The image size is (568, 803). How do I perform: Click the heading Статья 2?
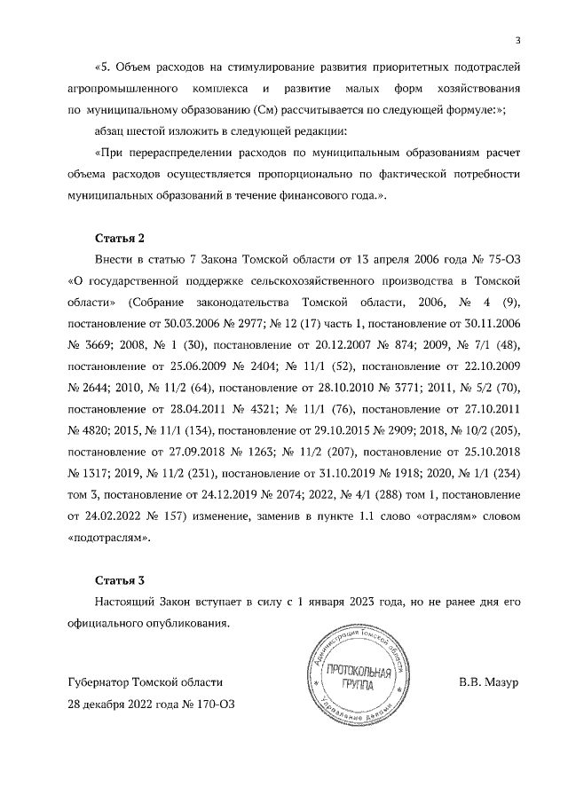[119, 239]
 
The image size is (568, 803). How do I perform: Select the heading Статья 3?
[119, 580]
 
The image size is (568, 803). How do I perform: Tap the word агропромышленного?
[117, 90]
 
